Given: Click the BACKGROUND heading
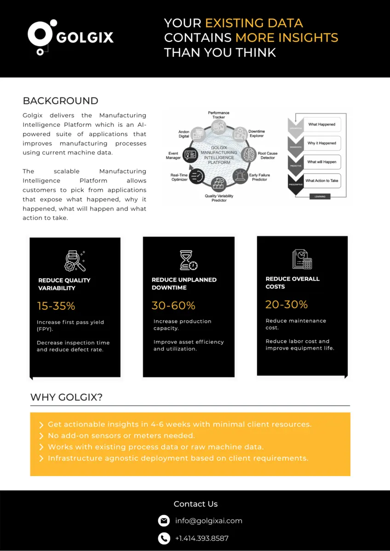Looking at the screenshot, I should tap(60, 101).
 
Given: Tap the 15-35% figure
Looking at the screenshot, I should tap(56, 306).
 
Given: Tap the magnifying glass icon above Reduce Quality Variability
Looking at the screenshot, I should tap(74, 261).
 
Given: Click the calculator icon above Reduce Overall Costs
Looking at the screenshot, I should tap(302, 260).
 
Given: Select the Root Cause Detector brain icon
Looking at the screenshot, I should tap(249, 153).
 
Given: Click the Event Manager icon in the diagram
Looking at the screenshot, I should tap(190, 155).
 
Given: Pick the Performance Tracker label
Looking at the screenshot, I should tap(218, 115).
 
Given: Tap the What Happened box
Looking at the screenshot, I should tap(321, 125).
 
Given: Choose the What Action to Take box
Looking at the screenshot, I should tap(321, 181).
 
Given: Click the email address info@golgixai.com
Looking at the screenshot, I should tap(208, 521).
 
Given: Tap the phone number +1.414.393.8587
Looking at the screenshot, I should tap(201, 538).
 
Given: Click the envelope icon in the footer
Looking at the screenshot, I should tap(164, 521).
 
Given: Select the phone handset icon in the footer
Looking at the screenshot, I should tap(164, 538).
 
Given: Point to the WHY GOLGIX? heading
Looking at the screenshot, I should tap(66, 398).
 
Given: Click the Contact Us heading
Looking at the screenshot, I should tap(195, 504).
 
